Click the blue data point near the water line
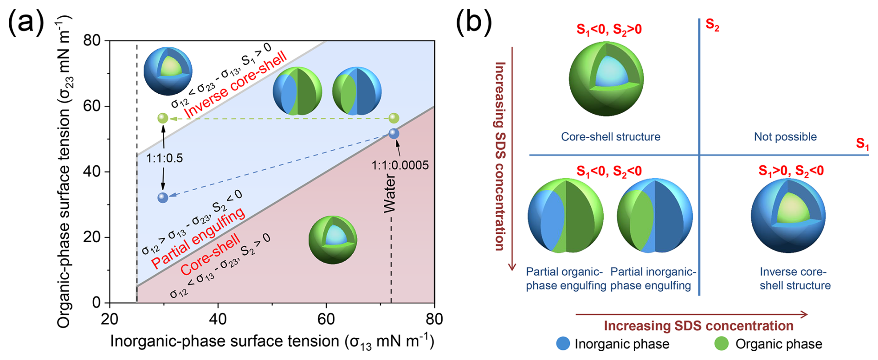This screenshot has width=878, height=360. point(394,134)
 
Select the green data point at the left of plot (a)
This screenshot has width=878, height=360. point(162,118)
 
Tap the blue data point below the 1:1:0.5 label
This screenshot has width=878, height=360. point(162,198)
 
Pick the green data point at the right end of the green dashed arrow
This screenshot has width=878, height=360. point(394,118)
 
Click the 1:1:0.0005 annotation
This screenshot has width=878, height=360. point(400,165)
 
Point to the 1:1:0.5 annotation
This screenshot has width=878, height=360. point(164,158)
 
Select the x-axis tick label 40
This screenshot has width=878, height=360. point(218,319)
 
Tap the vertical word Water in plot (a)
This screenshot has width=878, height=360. point(390,193)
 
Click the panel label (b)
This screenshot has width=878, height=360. point(473,22)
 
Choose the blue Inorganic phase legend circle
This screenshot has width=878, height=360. point(563,344)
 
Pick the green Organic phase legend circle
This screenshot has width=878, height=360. point(722,344)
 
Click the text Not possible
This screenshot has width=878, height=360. point(785,137)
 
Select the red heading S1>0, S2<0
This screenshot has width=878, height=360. point(791,171)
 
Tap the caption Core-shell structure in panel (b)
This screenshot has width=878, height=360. point(610,137)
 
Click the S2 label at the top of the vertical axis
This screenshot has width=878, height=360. point(712,25)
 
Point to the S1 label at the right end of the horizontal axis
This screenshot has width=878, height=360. point(862,144)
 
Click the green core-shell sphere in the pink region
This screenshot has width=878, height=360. point(333,239)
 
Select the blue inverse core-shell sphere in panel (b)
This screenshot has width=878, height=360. point(788,216)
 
